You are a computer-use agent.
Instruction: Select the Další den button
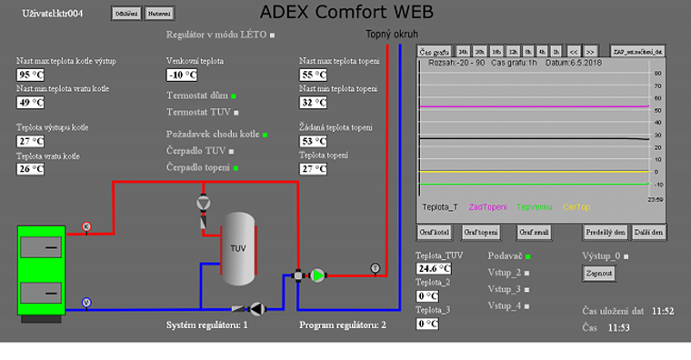click(x=649, y=232)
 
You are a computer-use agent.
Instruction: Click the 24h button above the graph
click(x=463, y=51)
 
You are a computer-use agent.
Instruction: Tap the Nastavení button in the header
click(x=158, y=14)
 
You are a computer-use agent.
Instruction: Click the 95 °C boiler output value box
click(x=31, y=75)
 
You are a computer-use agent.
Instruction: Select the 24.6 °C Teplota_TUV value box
click(x=433, y=269)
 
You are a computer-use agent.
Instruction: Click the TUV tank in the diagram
click(x=239, y=248)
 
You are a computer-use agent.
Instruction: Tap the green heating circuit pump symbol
click(x=318, y=275)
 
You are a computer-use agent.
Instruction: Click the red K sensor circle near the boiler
click(x=86, y=225)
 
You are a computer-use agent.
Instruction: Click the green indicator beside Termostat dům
click(x=234, y=95)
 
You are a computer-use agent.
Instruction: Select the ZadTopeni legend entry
click(x=488, y=206)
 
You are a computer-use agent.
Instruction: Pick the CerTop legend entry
click(x=576, y=206)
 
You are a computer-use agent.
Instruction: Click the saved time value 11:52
click(x=662, y=311)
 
